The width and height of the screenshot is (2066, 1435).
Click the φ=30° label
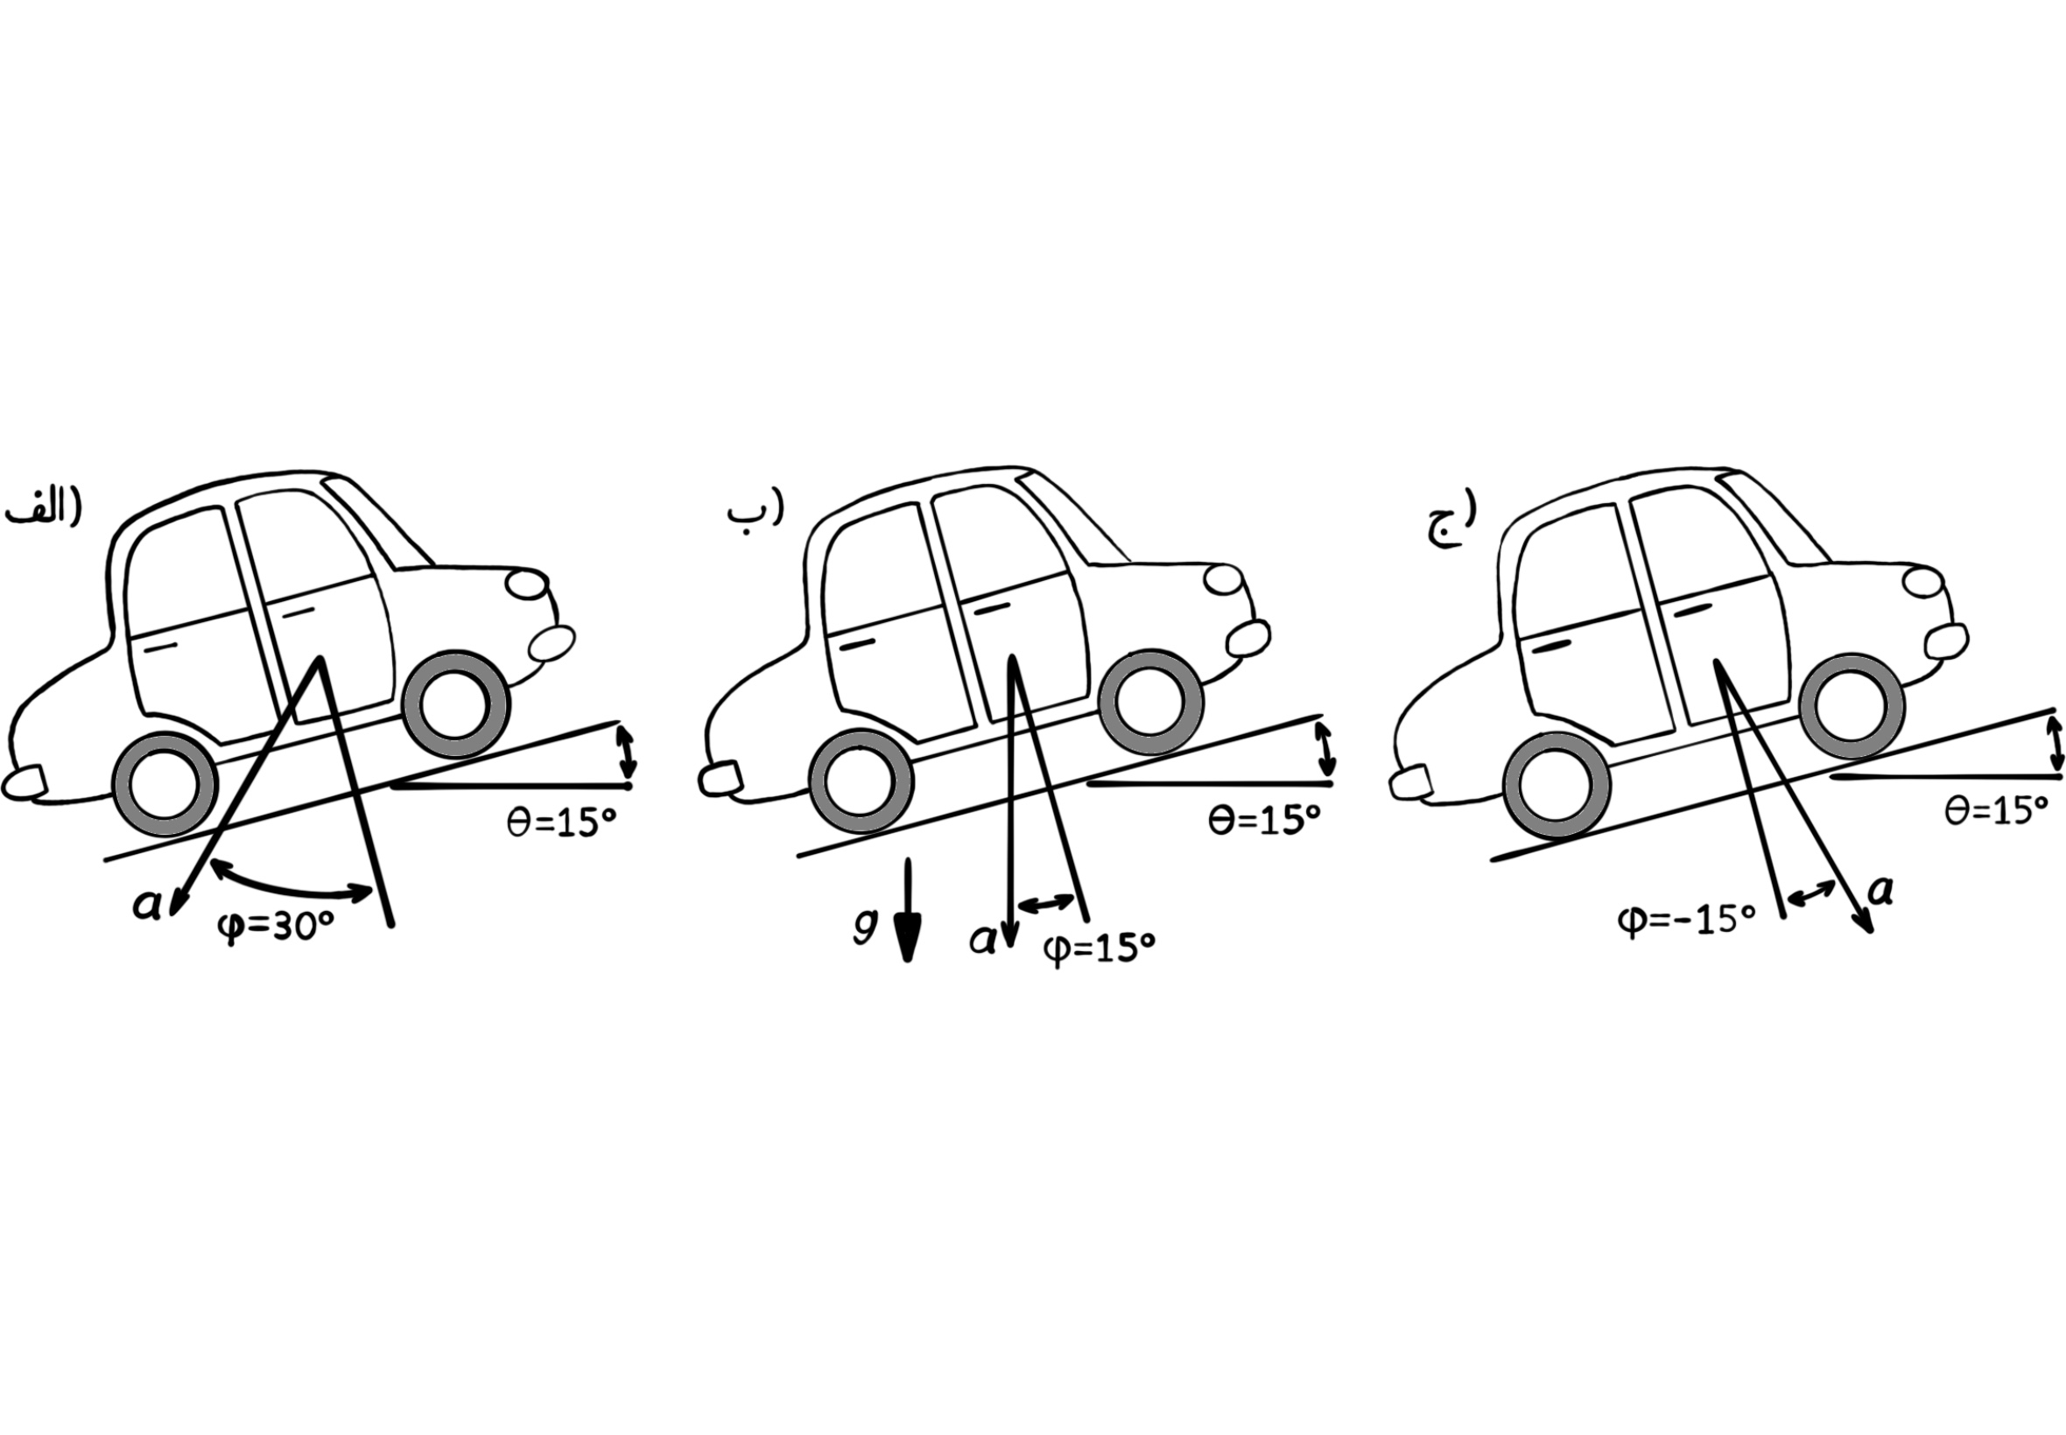point(269,927)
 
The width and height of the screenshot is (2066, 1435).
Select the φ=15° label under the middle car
point(1100,948)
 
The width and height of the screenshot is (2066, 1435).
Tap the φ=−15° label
point(1686,920)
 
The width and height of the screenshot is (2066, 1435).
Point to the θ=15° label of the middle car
point(1264,820)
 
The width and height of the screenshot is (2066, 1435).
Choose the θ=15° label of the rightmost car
point(1996,811)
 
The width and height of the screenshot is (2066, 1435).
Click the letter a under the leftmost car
point(146,904)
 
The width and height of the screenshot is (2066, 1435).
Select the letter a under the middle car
point(983,940)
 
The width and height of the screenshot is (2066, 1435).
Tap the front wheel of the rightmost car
point(1852,706)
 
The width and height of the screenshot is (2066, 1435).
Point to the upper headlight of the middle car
point(1223,580)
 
